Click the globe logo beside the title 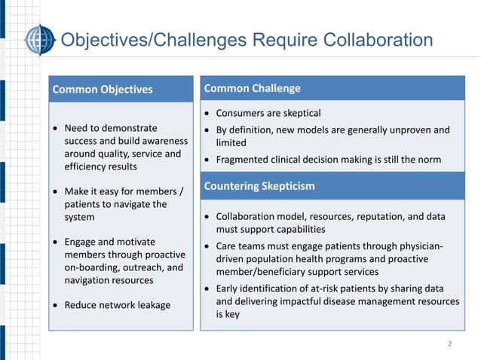tap(39, 40)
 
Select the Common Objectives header tap(103, 90)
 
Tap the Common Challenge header tap(252, 88)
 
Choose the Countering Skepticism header tap(259, 185)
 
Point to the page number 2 tap(450, 344)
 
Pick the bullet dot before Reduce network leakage tap(56, 304)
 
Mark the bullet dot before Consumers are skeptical tap(207, 113)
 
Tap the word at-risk tap(333, 288)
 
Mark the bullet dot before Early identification tap(207, 288)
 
